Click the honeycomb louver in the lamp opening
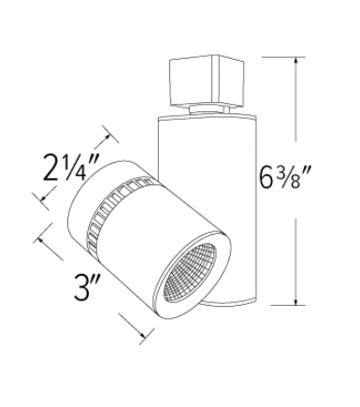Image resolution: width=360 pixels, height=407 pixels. click(x=200, y=270)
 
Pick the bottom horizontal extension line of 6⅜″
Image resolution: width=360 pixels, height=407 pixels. click(x=281, y=305)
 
